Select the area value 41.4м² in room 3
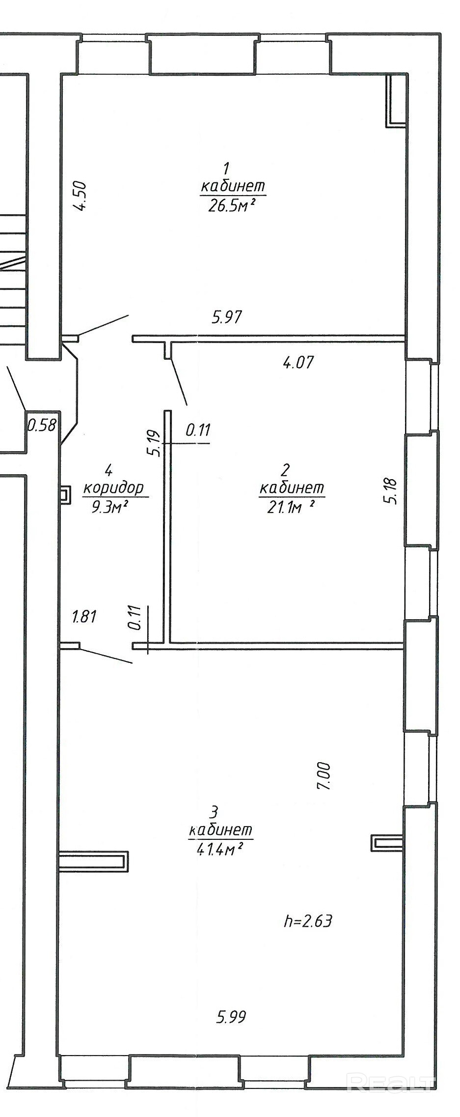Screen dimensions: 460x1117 [x=220, y=849]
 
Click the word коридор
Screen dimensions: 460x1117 [x=113, y=488]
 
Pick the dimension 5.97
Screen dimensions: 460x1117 [x=227, y=317]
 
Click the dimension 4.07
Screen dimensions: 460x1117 [x=298, y=363]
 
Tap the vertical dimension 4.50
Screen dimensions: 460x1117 [x=80, y=196]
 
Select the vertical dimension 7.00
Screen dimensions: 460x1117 [x=325, y=776]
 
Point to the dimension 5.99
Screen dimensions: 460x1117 [x=231, y=1017]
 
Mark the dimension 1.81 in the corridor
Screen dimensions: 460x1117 [x=84, y=616]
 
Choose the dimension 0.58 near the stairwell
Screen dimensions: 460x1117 [x=42, y=425]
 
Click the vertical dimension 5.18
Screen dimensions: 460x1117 [x=392, y=491]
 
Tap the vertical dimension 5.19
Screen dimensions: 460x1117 [x=154, y=443]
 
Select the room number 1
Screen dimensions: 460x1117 [x=226, y=169]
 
